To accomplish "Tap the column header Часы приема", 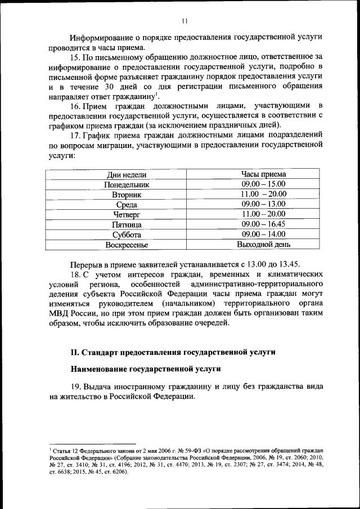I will coord(264,174).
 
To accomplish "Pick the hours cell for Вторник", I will coord(264,194).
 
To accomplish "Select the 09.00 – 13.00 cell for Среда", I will coord(264,204).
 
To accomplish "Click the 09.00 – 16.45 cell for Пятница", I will coord(264,224).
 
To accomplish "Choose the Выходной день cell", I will coord(264,245).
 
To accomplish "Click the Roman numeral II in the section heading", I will coord(74,352).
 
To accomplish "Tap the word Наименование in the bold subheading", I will coord(98,369).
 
